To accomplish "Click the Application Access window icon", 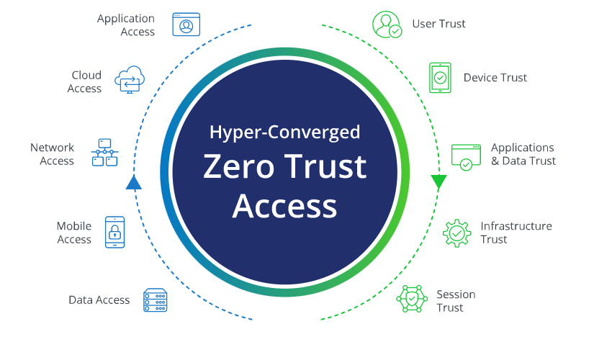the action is coord(186,24).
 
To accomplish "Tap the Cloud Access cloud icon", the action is coord(130,80).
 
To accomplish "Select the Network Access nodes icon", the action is coord(105,153).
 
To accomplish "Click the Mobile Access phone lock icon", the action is coord(114,232).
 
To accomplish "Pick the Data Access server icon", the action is coord(155,300).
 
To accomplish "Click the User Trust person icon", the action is coord(387,24).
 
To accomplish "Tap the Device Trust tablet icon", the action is coord(440,78).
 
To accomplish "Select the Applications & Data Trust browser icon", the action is coord(466,157).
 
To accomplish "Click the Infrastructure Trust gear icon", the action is coord(457,233).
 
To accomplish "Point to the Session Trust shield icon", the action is coord(412,299).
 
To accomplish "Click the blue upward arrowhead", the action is coord(134,182).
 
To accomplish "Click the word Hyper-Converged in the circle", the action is coord(284,132).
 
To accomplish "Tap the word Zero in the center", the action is coord(238,166).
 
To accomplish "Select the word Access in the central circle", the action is coord(284,206).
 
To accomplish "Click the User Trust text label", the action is coord(439,24).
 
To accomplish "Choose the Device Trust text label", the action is coord(495,78).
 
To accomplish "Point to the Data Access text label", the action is coord(99,300).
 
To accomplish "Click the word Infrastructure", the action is coord(516,226).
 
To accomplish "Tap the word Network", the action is coord(53,148).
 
